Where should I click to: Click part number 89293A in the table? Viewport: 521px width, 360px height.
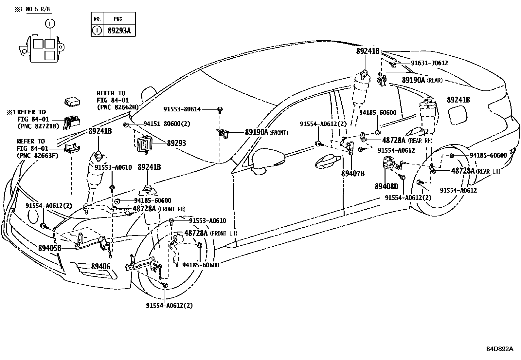pyautogui.click(x=119, y=31)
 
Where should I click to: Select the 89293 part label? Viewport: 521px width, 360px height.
pyautogui.click(x=176, y=143)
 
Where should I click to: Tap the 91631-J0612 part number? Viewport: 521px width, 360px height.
pyautogui.click(x=429, y=63)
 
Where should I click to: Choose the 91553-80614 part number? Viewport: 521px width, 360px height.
pyautogui.click(x=182, y=109)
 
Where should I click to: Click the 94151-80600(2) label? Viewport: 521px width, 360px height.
pyautogui.click(x=167, y=124)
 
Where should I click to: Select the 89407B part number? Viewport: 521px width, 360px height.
pyautogui.click(x=352, y=174)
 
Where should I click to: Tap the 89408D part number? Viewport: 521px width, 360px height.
pyautogui.click(x=386, y=186)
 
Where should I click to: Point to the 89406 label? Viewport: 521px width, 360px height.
pyautogui.click(x=100, y=267)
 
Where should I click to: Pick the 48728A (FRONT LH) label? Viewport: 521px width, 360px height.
pyautogui.click(x=211, y=233)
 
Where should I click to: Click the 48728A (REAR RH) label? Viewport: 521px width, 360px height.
pyautogui.click(x=407, y=141)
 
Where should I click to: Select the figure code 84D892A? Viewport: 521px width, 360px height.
pyautogui.click(x=500, y=349)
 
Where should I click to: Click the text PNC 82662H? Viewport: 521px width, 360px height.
pyautogui.click(x=117, y=107)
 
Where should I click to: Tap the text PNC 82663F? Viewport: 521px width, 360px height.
pyautogui.click(x=37, y=155)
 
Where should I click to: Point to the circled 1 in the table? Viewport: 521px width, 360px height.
pyautogui.click(x=97, y=31)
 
